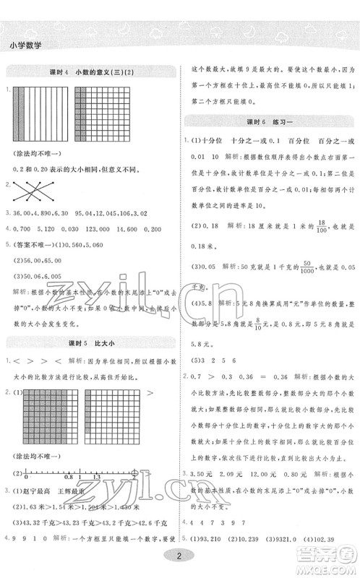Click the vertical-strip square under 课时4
pos(33,116)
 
